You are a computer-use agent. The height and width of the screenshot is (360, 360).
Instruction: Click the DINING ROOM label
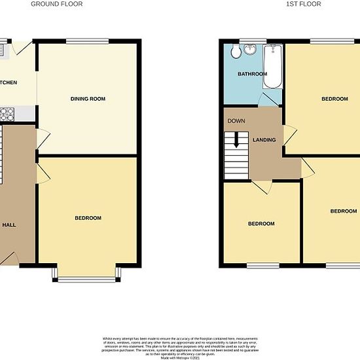point(88,99)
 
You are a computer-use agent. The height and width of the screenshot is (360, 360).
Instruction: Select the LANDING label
point(264,140)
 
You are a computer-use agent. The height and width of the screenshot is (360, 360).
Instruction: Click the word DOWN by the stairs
point(236,121)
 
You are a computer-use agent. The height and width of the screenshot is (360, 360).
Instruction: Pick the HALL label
point(9,225)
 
